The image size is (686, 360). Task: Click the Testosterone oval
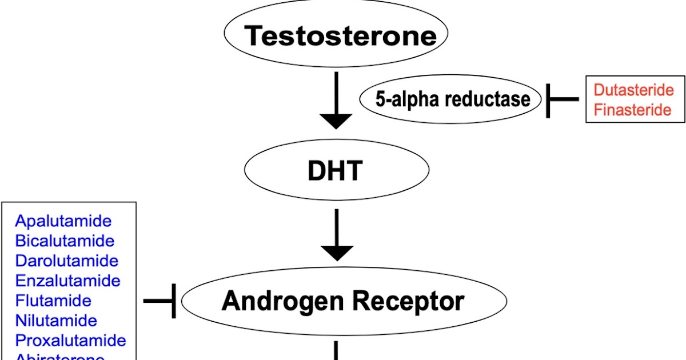[x=336, y=35]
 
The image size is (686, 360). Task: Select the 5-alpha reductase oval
[x=452, y=99]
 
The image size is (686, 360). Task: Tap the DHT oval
[x=336, y=170]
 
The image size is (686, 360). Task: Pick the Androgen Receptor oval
[x=344, y=301]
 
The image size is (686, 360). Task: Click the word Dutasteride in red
[x=633, y=90]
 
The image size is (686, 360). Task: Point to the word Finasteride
[x=632, y=110]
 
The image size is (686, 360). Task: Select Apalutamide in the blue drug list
[x=63, y=221]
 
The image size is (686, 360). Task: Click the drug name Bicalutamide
[x=65, y=241]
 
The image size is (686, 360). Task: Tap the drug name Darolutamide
[x=66, y=261]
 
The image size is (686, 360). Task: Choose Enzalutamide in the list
[x=67, y=281]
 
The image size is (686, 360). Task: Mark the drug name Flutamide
[x=53, y=301]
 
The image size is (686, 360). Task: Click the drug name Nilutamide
[x=56, y=321]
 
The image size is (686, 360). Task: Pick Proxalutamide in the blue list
[x=70, y=341]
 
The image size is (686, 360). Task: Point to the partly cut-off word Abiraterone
[x=60, y=357]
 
